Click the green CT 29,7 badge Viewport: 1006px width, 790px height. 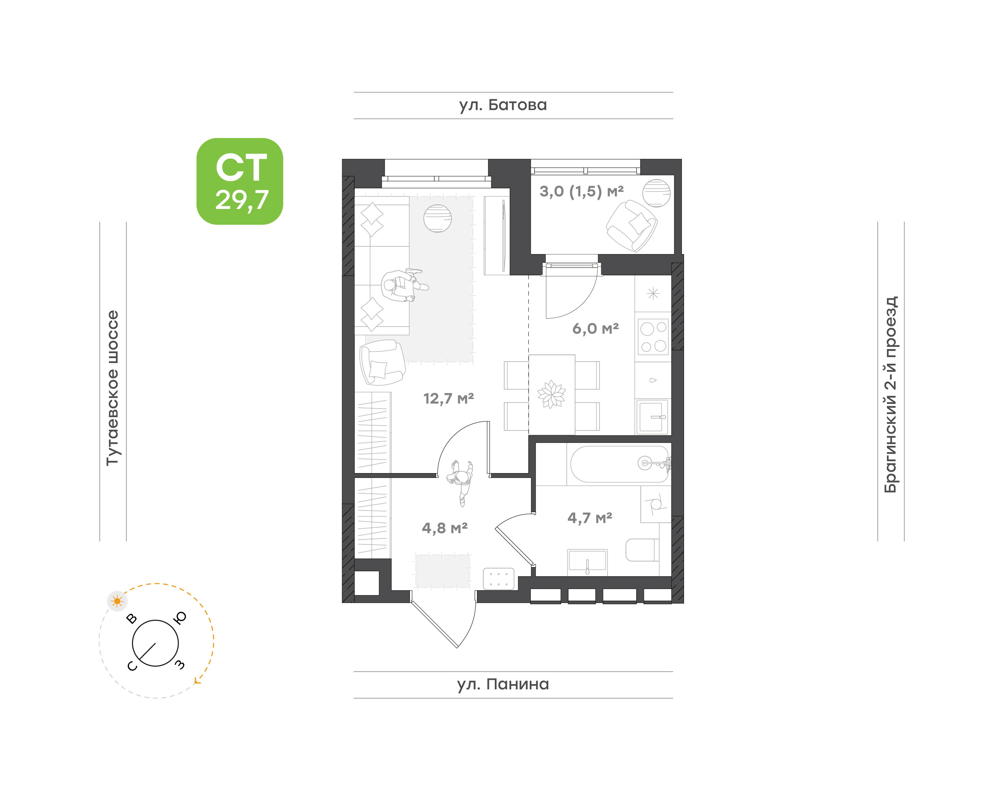click(x=240, y=181)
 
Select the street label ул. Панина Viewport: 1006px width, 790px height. click(x=502, y=684)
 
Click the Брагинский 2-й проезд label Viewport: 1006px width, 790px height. click(x=890, y=394)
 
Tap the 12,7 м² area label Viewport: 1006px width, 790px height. click(x=448, y=398)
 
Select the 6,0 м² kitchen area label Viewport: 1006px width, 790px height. click(x=595, y=328)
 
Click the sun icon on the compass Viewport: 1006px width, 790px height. click(x=117, y=601)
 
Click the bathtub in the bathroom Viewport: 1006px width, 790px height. click(x=619, y=464)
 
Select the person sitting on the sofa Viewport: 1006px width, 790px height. click(x=403, y=285)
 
